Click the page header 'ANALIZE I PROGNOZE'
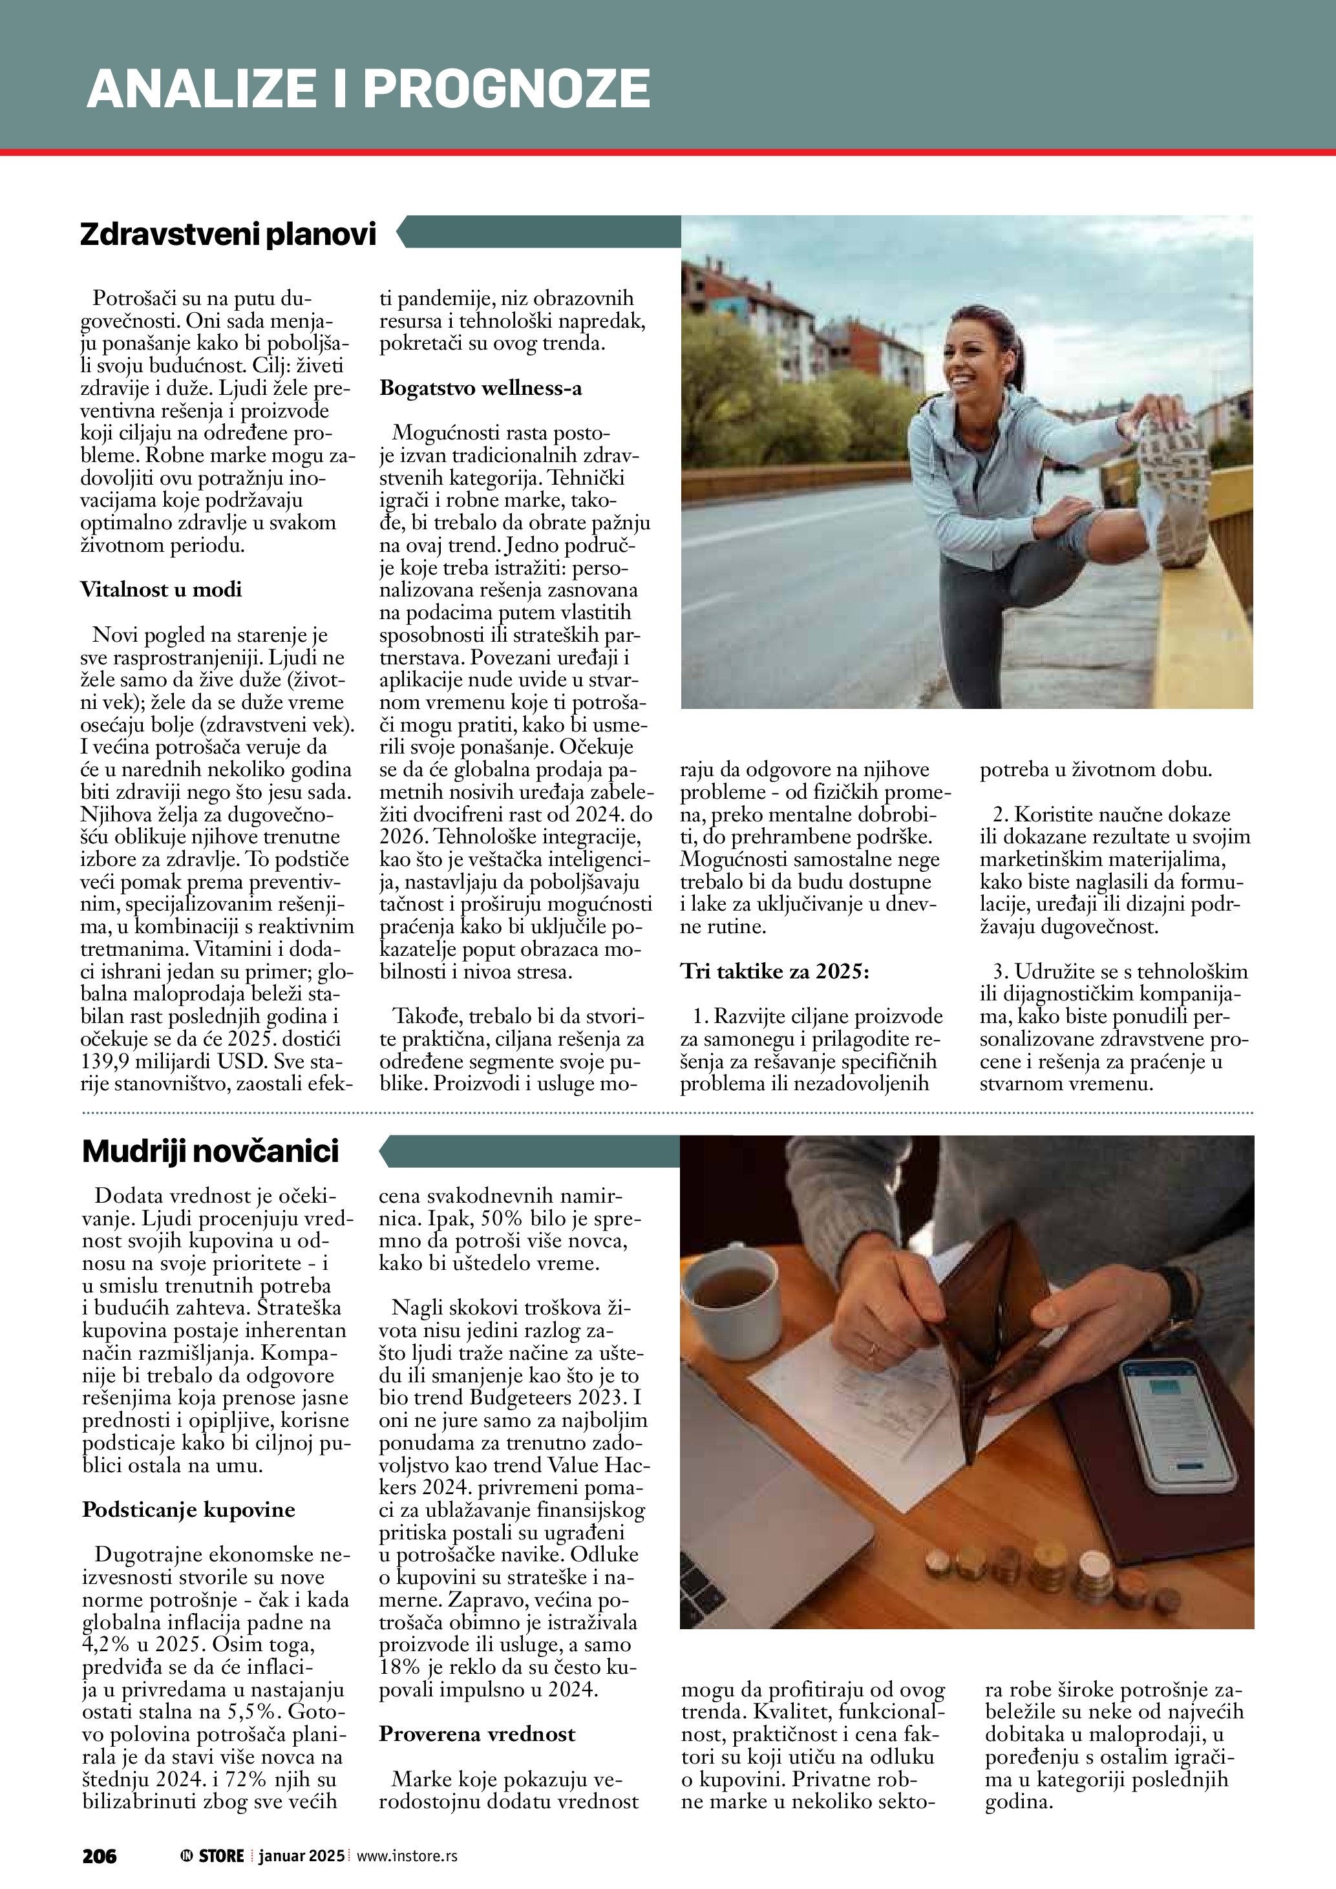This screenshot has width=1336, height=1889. coord(368,89)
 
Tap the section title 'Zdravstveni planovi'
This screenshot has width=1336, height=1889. coord(228,235)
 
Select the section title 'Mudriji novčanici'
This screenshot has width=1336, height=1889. coord(211,1151)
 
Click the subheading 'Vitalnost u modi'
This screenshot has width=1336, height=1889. coord(161,589)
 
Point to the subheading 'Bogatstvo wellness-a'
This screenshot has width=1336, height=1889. coord(480,388)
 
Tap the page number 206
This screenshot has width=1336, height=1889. coord(100,1856)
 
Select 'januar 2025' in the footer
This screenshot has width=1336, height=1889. coord(301,1856)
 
